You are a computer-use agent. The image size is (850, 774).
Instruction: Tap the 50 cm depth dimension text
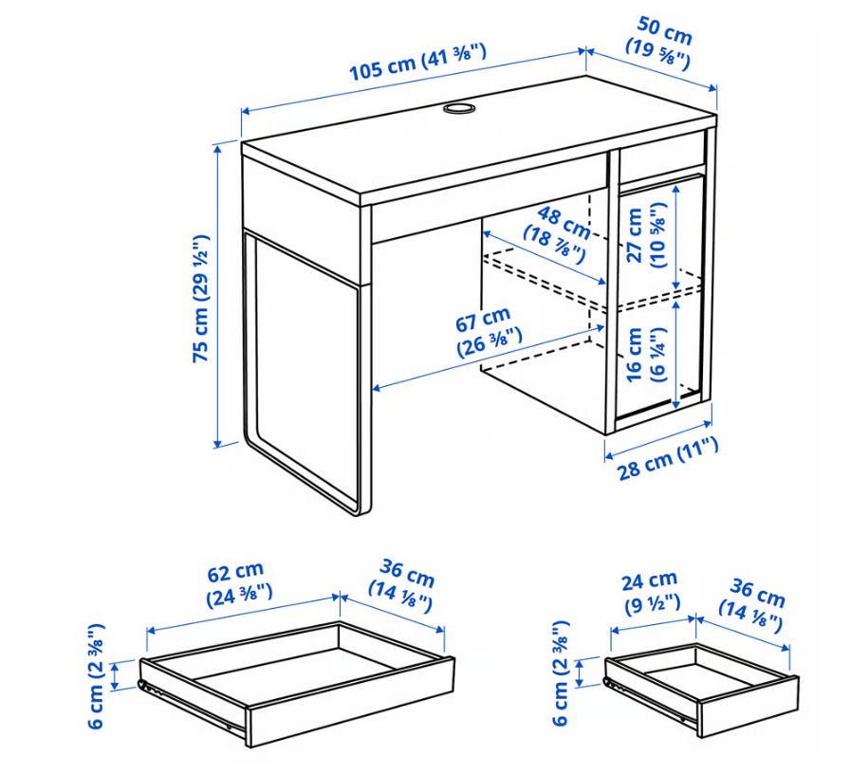660,44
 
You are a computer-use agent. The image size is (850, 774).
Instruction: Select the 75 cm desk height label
200,299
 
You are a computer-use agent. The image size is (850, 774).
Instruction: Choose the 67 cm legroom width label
488,333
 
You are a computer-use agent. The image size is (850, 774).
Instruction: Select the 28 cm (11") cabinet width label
668,459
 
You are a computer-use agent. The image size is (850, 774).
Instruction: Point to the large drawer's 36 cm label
402,586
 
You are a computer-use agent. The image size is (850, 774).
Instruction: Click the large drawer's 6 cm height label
96,676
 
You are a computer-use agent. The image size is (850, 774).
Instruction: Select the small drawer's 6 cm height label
561,673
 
